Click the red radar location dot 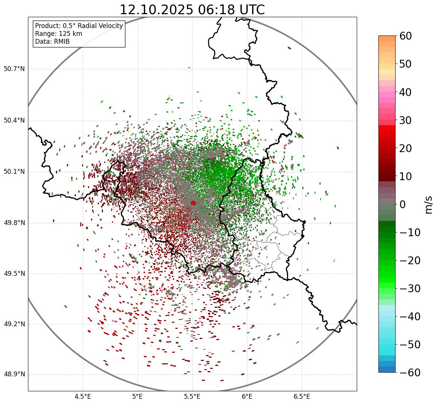[x=193, y=203]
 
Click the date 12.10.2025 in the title [x=156, y=10]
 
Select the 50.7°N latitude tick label [x=14, y=69]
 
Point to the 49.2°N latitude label [x=14, y=324]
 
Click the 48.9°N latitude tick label [x=14, y=374]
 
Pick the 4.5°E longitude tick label [x=83, y=397]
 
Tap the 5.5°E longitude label [x=192, y=397]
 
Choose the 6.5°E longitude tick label [x=302, y=397]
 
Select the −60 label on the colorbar [x=410, y=373]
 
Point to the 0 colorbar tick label [x=403, y=204]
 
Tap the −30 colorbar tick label [x=410, y=289]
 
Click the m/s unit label [x=429, y=204]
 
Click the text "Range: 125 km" [x=59, y=34]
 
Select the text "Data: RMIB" [x=52, y=41]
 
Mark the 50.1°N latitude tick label [x=14, y=172]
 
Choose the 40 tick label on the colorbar [x=406, y=92]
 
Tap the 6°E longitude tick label [x=247, y=397]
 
